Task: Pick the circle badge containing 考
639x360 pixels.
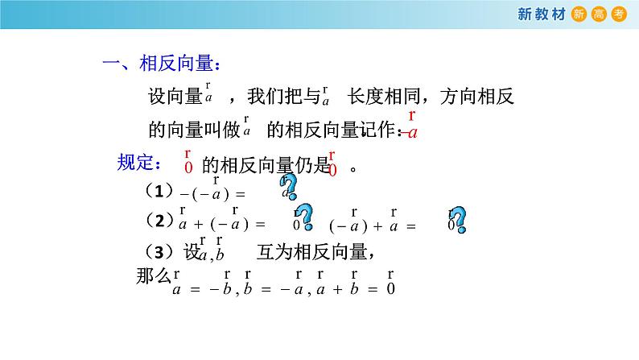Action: [x=618, y=13]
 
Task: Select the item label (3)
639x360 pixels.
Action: [x=163, y=250]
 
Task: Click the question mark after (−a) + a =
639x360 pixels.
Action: [x=457, y=218]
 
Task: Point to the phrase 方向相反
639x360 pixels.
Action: [x=478, y=97]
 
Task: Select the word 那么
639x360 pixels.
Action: [x=154, y=278]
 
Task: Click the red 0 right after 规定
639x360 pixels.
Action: [x=188, y=168]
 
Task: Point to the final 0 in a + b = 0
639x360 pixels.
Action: [x=390, y=288]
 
